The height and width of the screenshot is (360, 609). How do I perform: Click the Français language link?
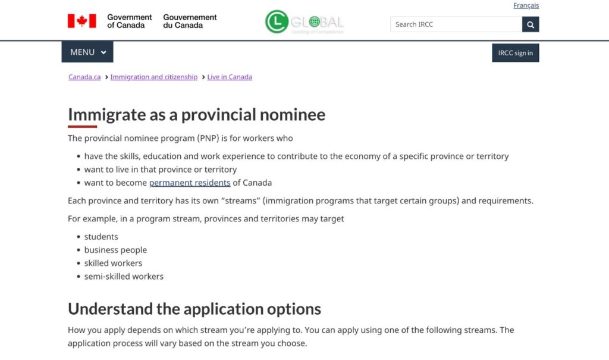[x=526, y=5]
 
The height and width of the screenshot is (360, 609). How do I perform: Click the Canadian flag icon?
[x=81, y=21]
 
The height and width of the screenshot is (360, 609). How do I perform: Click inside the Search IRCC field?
[x=456, y=24]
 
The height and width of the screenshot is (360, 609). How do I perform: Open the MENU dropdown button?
[x=87, y=52]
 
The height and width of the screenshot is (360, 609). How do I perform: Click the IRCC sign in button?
[x=515, y=53]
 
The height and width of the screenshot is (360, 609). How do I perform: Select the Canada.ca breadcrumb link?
[x=84, y=77]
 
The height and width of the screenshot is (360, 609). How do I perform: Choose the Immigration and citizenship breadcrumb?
[x=153, y=77]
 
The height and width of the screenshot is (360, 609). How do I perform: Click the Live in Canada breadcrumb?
[x=230, y=77]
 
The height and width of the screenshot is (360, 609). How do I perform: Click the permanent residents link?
[x=190, y=183]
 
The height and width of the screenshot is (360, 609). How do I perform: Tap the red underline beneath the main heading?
[x=82, y=126]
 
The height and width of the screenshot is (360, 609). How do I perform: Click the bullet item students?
[x=101, y=237]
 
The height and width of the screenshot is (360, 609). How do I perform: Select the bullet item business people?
[x=115, y=250]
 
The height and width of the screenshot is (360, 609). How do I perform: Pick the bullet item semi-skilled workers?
[x=124, y=276]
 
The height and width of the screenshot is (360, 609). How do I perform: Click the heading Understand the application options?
[x=194, y=309]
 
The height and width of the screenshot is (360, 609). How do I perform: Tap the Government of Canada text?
[x=129, y=21]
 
